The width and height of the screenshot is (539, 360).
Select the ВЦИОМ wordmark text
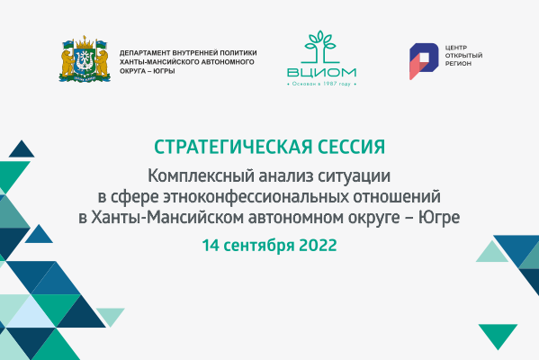tap(321, 72)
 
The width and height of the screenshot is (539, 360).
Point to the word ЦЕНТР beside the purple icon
tap(456, 48)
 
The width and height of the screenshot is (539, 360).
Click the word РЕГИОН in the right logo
tap(458, 65)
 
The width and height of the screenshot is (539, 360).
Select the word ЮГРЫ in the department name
tap(162, 71)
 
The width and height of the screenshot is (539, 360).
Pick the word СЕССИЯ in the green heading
tap(346, 147)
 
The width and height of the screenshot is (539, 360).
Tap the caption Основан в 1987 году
tap(321, 85)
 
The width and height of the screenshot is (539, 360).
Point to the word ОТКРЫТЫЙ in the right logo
tap(463, 56)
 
